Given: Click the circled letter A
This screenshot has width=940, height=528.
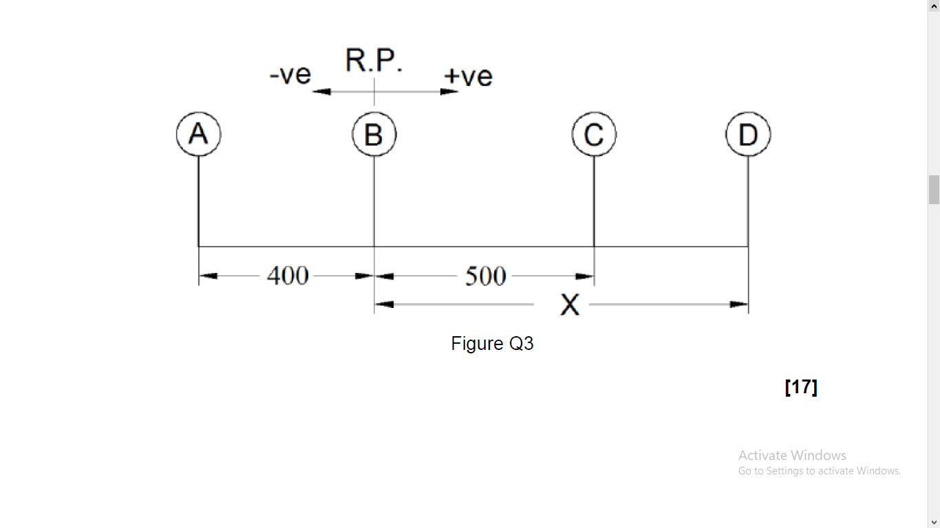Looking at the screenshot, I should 198,133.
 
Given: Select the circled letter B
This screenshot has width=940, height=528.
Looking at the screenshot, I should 374,134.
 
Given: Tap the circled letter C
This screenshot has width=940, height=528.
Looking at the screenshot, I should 594,134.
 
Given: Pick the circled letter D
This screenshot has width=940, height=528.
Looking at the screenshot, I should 748,134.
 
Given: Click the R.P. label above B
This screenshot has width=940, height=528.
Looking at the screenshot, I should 374,60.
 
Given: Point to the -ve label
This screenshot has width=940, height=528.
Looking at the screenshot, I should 290,74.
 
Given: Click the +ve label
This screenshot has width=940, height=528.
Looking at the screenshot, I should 468,76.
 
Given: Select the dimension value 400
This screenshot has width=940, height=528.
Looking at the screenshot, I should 288,276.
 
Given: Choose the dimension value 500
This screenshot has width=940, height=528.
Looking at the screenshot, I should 485,276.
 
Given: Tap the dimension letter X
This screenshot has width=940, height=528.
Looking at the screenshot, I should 570,305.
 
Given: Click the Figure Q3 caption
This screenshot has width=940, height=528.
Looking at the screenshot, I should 492,343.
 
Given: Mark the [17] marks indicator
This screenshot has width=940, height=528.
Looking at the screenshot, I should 801,387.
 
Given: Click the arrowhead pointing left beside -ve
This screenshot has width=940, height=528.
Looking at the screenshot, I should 321,91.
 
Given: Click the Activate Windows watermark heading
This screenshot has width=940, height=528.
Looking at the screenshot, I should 792,455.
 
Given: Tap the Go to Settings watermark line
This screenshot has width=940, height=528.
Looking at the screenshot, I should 819,471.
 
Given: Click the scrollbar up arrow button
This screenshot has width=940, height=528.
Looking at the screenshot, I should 934,6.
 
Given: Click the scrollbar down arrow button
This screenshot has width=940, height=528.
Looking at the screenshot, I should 934,522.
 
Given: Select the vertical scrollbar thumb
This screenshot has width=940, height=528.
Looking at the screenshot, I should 934,190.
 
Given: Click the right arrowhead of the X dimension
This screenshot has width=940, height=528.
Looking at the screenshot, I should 740,304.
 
